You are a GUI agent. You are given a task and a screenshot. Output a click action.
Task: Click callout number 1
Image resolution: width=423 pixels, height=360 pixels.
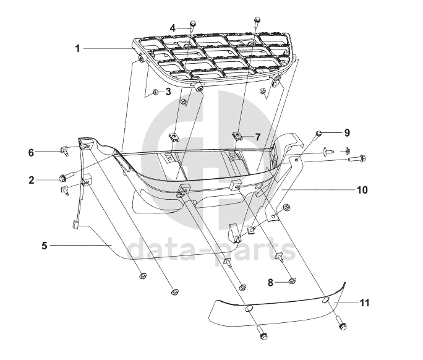[78, 48]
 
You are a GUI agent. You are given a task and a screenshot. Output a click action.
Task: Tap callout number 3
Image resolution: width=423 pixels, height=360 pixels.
[168, 92]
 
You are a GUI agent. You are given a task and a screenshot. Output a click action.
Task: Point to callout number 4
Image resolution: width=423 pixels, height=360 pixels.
[173, 27]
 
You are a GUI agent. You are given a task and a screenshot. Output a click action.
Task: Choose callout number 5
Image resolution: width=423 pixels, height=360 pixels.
[45, 246]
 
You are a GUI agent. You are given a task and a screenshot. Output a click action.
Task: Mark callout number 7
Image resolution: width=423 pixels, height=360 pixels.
[258, 137]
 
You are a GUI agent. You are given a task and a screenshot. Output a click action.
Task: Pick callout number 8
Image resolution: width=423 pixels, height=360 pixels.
[270, 283]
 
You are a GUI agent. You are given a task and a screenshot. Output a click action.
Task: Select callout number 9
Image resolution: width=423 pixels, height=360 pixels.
[347, 132]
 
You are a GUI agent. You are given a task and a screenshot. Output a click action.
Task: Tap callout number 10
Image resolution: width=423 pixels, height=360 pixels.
[361, 190]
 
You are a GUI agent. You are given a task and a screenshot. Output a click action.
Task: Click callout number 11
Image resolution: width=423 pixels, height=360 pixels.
[365, 302]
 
